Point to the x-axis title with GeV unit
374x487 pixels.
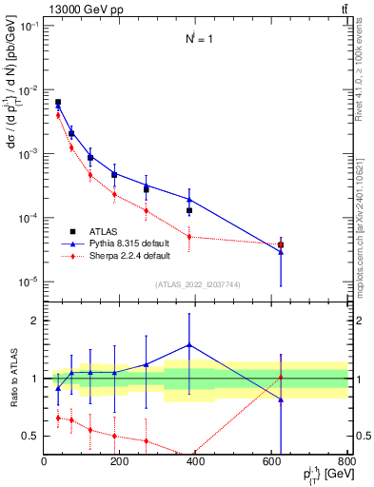click(x=319, y=476)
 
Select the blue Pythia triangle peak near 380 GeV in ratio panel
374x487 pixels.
click(x=189, y=345)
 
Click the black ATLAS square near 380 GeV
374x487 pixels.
click(x=189, y=210)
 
